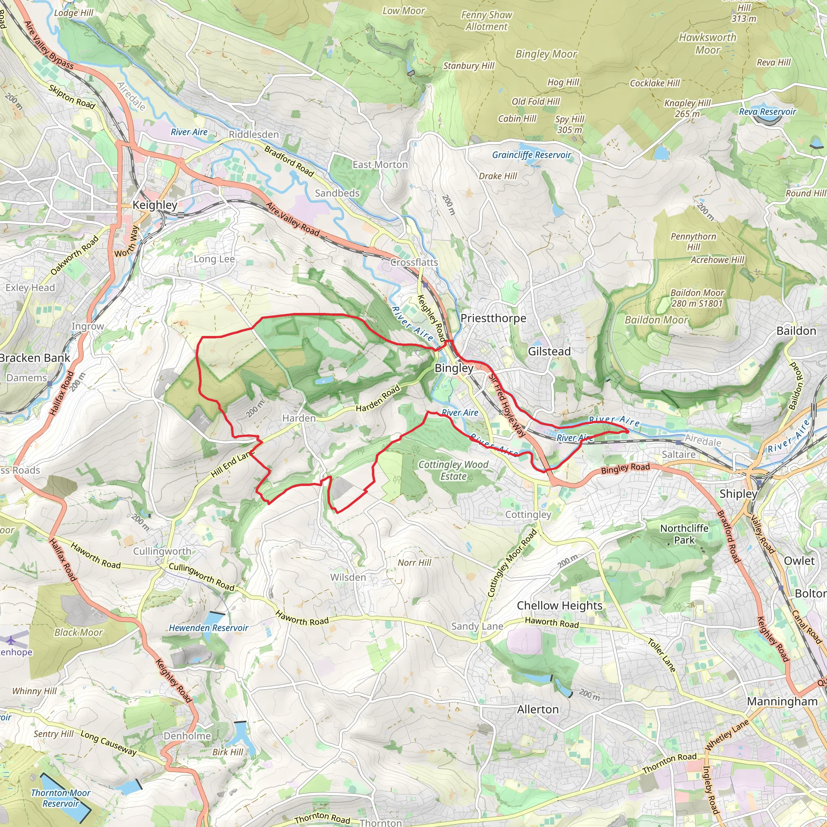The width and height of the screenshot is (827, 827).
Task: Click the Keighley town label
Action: coord(155,205)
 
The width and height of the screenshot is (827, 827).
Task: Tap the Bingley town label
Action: coord(454,368)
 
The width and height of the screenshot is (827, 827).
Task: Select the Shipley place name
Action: coord(738,494)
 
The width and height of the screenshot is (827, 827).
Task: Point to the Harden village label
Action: coord(299,418)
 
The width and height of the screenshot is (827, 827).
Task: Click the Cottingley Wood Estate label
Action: coord(453,470)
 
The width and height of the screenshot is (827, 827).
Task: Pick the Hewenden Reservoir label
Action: coord(208,628)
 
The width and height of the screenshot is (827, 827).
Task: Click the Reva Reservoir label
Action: coord(768,112)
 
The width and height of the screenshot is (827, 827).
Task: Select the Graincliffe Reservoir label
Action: coord(531,155)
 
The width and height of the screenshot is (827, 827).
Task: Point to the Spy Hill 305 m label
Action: coord(570,124)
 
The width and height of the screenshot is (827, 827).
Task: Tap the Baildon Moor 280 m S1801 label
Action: coord(697,298)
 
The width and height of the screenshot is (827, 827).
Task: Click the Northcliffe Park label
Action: coord(684,534)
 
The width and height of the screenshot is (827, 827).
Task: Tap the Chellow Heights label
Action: coord(559,606)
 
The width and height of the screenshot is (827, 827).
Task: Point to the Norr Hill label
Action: coord(414,563)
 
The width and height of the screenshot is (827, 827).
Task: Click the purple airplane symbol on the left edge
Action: coord(10,640)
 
